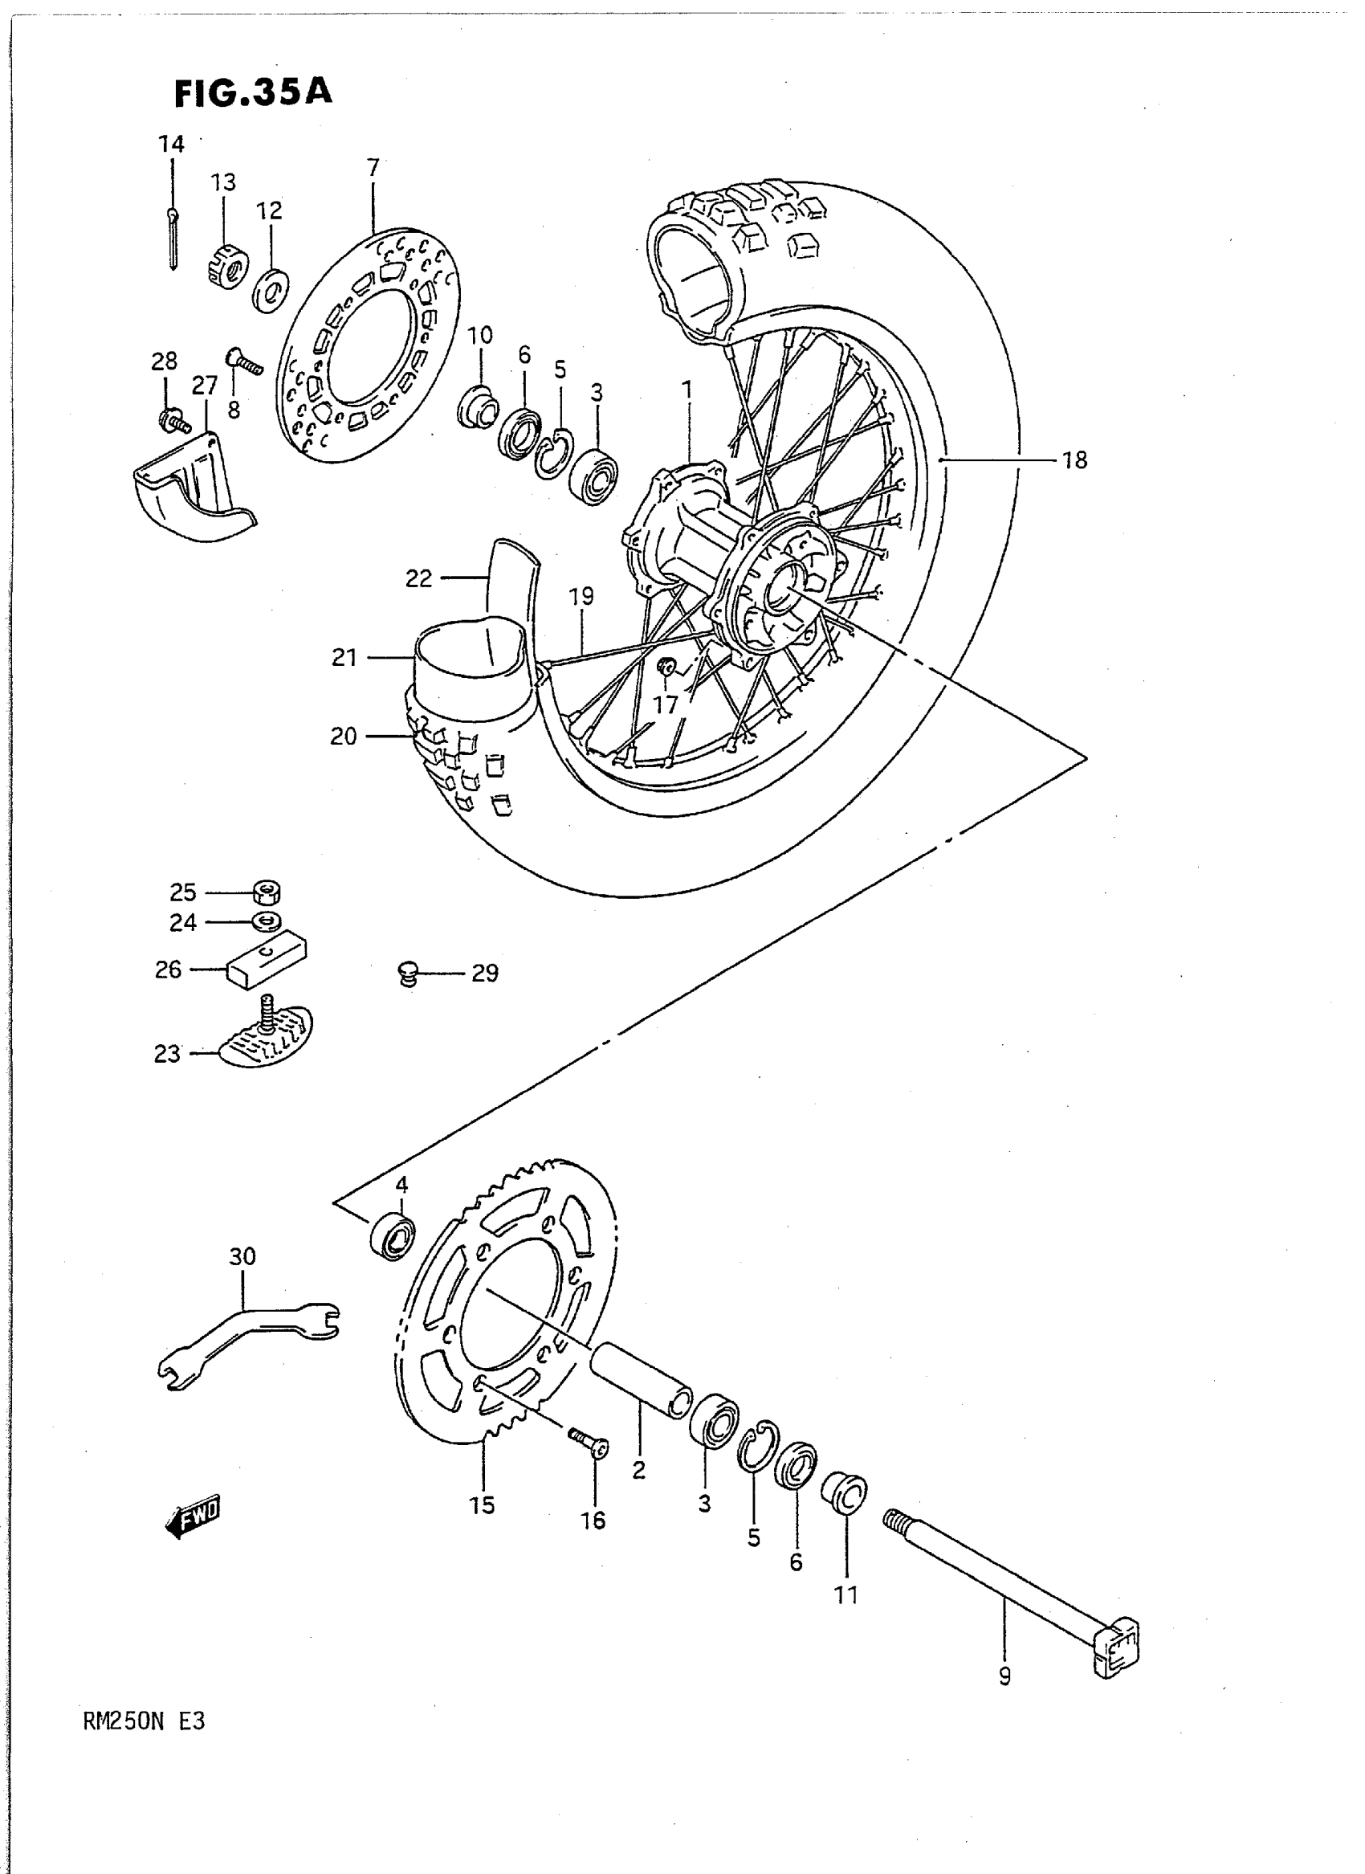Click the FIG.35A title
pyautogui.click(x=253, y=92)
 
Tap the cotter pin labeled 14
pyautogui.click(x=172, y=239)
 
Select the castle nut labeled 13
pyautogui.click(x=227, y=266)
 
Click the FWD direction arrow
pyautogui.click(x=194, y=1517)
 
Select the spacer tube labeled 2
pyautogui.click(x=642, y=1381)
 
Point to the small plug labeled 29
pyautogui.click(x=406, y=973)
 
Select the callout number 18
pyautogui.click(x=1074, y=460)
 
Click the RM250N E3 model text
pyautogui.click(x=144, y=1721)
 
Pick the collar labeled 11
pyautogui.click(x=845, y=1492)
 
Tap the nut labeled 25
pyautogui.click(x=266, y=892)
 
